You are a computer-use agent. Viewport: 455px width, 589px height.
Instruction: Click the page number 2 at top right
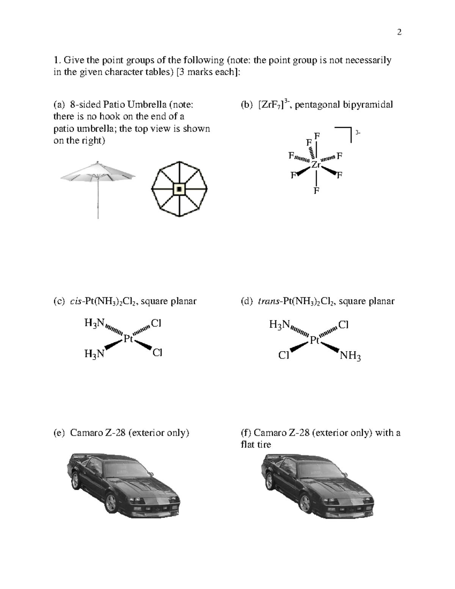point(399,32)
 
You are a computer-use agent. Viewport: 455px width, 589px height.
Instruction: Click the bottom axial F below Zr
point(316,190)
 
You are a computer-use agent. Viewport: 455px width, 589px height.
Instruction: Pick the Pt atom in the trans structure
point(314,340)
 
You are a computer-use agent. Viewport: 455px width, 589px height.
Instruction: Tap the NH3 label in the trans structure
point(350,356)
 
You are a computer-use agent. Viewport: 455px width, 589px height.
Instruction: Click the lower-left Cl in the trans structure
point(284,355)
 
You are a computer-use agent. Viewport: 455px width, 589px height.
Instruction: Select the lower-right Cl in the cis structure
point(157,353)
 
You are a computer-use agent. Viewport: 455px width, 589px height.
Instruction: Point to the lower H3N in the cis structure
point(94,354)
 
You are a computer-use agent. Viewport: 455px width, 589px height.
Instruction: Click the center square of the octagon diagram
point(179,188)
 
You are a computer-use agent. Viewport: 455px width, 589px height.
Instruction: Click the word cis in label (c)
point(76,302)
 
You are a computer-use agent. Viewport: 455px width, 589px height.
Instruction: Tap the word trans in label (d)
point(268,302)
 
